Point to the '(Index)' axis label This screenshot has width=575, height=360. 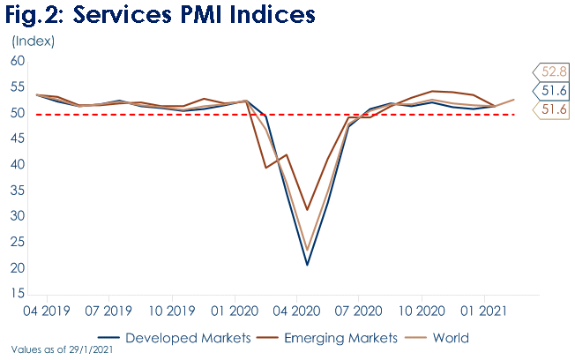(x=33, y=41)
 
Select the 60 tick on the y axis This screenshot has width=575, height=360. (x=17, y=61)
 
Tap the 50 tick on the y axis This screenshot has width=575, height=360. (x=17, y=113)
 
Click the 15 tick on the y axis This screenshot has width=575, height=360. (x=17, y=294)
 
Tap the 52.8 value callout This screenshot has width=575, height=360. (x=553, y=71)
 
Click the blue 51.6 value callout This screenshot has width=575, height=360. (x=553, y=91)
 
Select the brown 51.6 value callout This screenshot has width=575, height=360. (x=553, y=109)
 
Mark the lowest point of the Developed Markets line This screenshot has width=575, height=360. (x=307, y=265)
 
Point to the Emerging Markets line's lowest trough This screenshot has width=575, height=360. (x=307, y=210)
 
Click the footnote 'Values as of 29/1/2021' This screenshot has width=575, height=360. (x=63, y=350)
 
